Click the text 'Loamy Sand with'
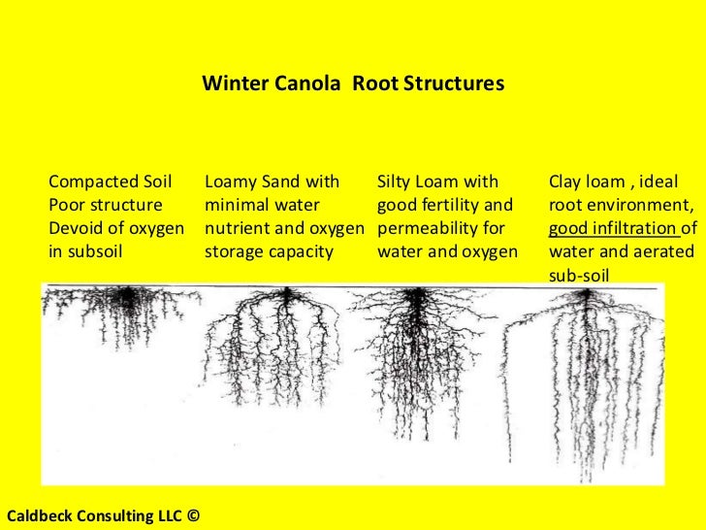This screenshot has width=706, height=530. click(x=273, y=182)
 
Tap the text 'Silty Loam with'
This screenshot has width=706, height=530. click(x=437, y=182)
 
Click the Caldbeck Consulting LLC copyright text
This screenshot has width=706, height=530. click(x=101, y=515)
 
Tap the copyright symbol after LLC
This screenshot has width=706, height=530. click(x=192, y=515)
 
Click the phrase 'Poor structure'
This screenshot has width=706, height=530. click(x=106, y=205)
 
